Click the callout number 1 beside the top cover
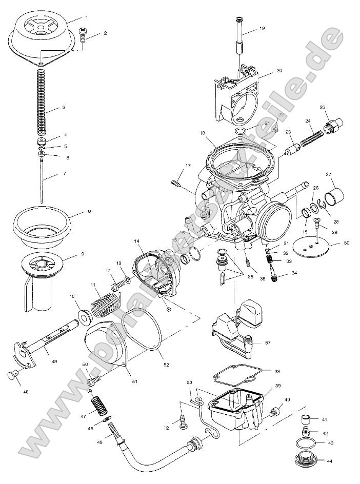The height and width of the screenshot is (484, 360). (86, 17)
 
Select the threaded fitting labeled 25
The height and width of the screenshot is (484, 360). (333, 124)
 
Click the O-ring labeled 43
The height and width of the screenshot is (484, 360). (306, 442)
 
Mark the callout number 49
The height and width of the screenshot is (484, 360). (54, 361)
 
